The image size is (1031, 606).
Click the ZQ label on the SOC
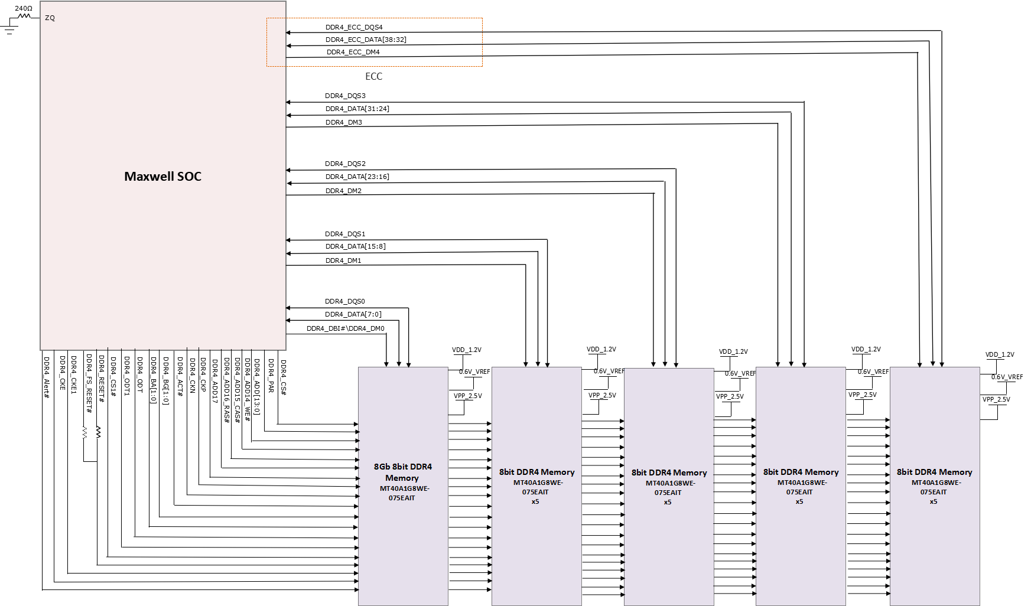pyautogui.click(x=50, y=18)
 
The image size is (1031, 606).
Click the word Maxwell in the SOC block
pyautogui.click(x=149, y=176)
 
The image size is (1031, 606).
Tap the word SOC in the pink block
pyautogui.click(x=189, y=176)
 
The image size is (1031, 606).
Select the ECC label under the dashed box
pyautogui.click(x=373, y=76)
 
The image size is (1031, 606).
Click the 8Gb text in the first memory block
pyautogui.click(x=382, y=467)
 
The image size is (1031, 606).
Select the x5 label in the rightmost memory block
pyautogui.click(x=934, y=501)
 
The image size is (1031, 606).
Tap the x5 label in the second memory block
pyautogui.click(x=535, y=501)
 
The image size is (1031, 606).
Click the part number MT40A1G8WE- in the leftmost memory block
pyautogui.click(x=405, y=488)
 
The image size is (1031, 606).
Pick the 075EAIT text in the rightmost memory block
pyautogui.click(x=934, y=492)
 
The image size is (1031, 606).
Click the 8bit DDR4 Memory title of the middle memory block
pyautogui.click(x=669, y=473)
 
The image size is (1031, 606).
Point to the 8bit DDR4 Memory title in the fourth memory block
pyautogui.click(x=801, y=472)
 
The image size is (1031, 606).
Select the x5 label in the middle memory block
pyautogui.click(x=668, y=502)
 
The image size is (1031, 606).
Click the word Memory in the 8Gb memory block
pyautogui.click(x=402, y=478)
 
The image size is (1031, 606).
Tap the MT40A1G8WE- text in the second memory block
pyautogui.click(x=538, y=483)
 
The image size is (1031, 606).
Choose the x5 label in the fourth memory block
pyautogui.click(x=799, y=501)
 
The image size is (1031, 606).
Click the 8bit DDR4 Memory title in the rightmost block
pyautogui.click(x=934, y=472)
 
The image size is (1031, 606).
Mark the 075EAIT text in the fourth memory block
pyautogui.click(x=799, y=492)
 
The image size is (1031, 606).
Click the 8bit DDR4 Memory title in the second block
pyautogui.click(x=536, y=472)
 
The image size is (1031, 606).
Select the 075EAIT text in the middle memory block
pyautogui.click(x=668, y=493)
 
